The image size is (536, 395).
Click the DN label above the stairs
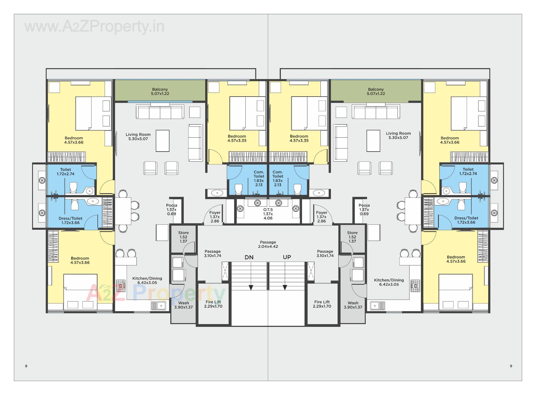click(249, 257)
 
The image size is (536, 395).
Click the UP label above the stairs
click(287, 257)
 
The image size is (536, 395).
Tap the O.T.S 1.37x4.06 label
click(268, 214)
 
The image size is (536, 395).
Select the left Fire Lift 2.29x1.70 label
click(213, 304)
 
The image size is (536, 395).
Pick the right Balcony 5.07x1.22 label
click(376, 91)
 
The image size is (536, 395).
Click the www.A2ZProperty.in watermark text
click(94, 27)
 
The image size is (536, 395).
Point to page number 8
click(26, 366)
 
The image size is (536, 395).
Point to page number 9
click(511, 366)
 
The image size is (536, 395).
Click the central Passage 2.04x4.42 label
click(268, 244)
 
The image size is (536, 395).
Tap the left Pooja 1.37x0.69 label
click(171, 209)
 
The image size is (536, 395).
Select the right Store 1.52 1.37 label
click(352, 237)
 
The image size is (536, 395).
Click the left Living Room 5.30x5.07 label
click(138, 137)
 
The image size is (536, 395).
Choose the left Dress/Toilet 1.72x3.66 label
click(70, 220)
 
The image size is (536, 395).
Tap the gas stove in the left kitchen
click(121, 286)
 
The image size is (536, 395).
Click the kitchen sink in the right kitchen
click(378, 306)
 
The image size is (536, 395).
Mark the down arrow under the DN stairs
click(251, 287)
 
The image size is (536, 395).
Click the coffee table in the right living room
click(373, 141)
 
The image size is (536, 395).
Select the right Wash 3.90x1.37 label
click(353, 305)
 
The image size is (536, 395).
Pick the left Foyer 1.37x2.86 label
click(215, 217)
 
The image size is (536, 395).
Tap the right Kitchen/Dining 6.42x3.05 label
click(389, 282)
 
